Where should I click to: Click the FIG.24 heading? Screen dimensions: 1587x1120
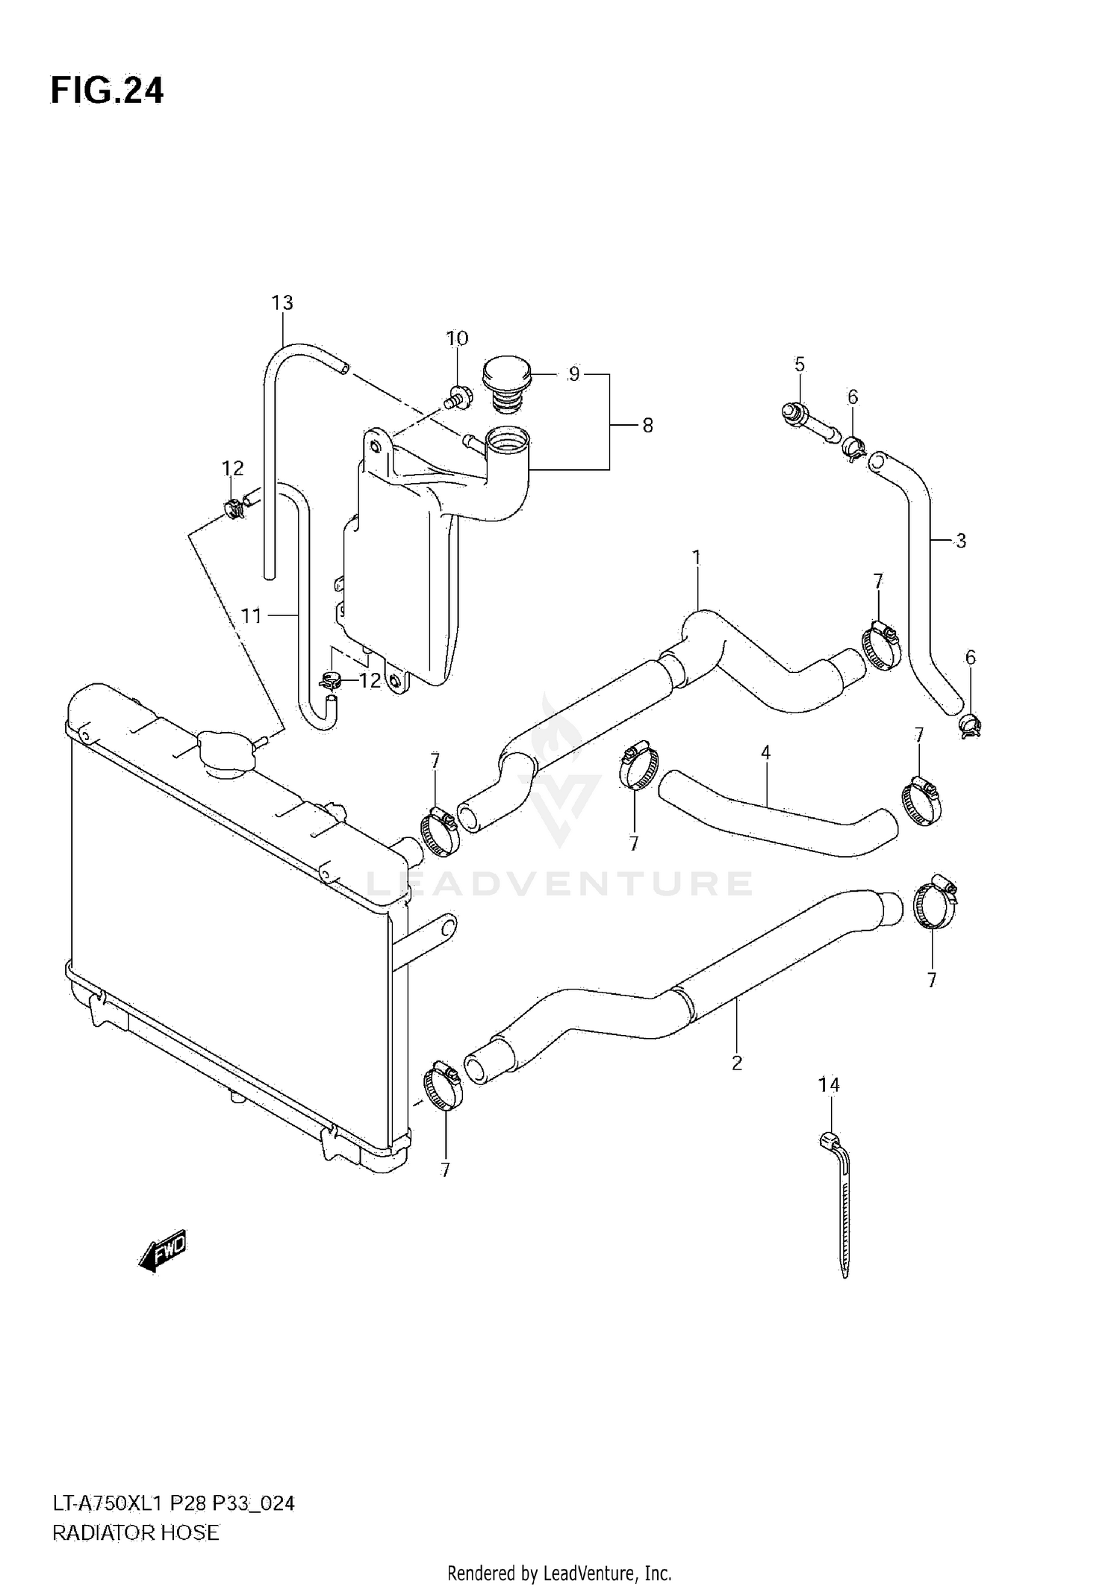click(x=107, y=91)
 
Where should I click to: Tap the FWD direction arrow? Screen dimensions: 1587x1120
click(x=163, y=1250)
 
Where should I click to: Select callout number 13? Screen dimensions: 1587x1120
click(x=282, y=303)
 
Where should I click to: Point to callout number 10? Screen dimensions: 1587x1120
click(x=457, y=338)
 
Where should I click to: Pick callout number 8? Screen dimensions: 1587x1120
click(x=647, y=426)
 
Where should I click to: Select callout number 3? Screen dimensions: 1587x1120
click(x=961, y=541)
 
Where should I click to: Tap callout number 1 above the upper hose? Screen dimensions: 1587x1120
click(x=697, y=557)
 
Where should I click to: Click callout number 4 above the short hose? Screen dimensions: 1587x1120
click(x=765, y=753)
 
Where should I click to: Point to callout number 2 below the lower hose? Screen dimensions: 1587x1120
click(x=737, y=1063)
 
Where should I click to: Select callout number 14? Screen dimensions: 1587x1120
click(x=829, y=1085)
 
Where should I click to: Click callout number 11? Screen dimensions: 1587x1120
click(x=252, y=616)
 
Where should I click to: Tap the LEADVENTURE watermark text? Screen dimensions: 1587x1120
click(x=559, y=883)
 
